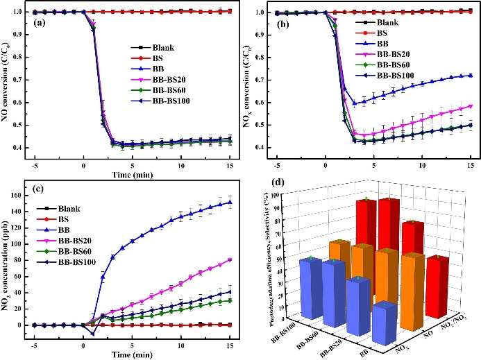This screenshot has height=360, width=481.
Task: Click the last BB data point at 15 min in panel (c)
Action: pos(229,203)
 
